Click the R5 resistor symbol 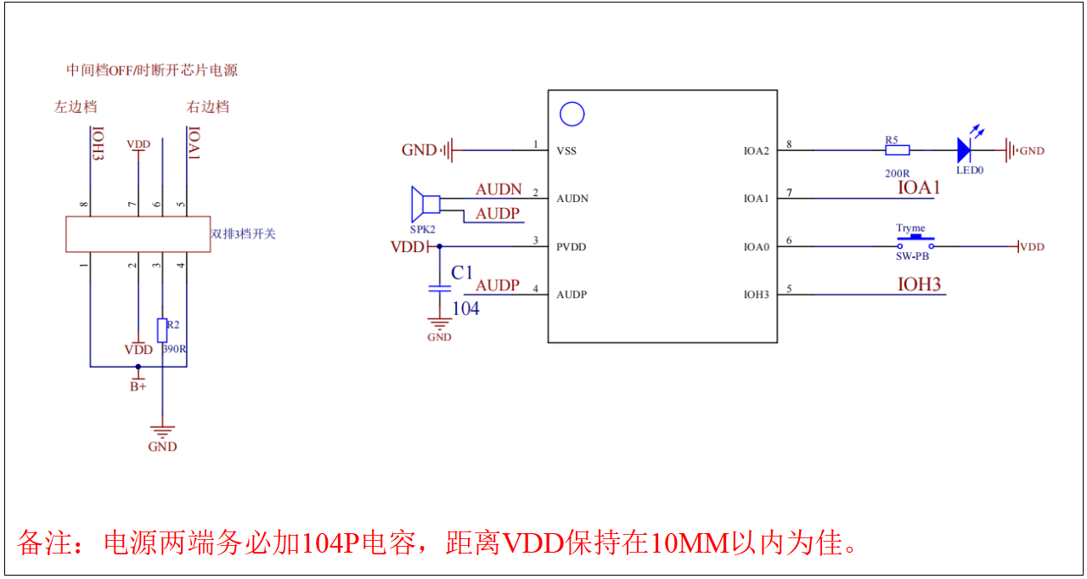coord(897,150)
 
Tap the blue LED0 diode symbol coord(964,151)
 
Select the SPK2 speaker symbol coord(425,204)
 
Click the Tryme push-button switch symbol coord(915,243)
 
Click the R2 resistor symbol coord(162,330)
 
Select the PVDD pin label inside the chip coord(572,247)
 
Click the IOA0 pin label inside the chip coord(756,247)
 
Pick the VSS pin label coord(566,151)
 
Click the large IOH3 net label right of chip coord(920,284)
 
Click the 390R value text coord(175,348)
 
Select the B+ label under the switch coord(138,386)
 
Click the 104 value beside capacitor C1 coord(466,309)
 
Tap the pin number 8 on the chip coord(789,144)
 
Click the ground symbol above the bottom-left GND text coord(162,430)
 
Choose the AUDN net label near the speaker coord(498,189)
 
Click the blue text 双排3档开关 coord(243,233)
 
